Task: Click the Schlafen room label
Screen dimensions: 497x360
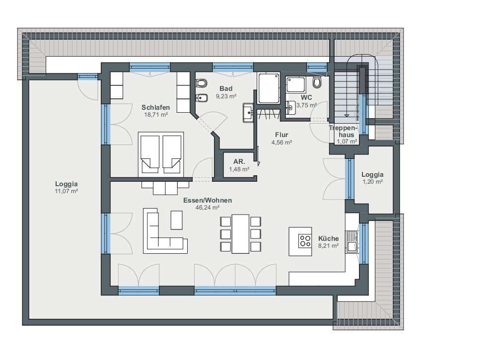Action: click(155, 107)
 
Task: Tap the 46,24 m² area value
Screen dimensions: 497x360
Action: click(208, 208)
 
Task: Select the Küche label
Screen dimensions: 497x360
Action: click(328, 238)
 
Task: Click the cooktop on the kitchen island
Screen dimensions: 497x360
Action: click(305, 240)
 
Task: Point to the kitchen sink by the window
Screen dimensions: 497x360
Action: click(352, 242)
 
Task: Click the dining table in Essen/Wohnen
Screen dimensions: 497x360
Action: click(240, 234)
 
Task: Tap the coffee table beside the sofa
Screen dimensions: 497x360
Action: click(177, 220)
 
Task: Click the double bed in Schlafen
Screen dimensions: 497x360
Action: click(161, 154)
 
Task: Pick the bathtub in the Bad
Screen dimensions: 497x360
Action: click(269, 88)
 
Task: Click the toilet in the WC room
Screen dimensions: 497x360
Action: click(317, 82)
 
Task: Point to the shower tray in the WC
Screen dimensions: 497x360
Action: click(296, 84)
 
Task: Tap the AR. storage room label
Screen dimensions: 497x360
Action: click(239, 162)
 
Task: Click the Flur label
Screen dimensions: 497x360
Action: click(282, 135)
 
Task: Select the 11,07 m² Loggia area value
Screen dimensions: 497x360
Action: click(67, 191)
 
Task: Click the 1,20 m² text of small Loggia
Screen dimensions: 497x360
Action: click(373, 182)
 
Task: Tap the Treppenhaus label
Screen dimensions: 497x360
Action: click(344, 131)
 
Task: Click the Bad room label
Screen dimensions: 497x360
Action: click(226, 89)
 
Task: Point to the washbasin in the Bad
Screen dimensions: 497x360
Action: click(248, 113)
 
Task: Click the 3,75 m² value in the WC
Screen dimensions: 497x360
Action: click(306, 105)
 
